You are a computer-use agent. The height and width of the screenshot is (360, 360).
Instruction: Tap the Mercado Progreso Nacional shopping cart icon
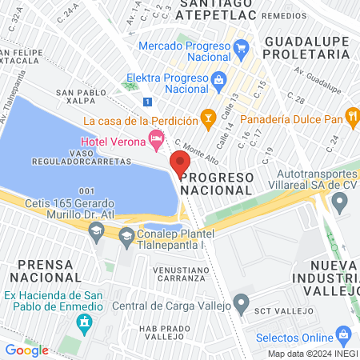(x=241, y=46)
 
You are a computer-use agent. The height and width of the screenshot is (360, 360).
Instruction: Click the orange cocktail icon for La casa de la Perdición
(x=208, y=120)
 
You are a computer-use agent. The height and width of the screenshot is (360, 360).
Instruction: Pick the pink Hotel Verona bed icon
(x=156, y=140)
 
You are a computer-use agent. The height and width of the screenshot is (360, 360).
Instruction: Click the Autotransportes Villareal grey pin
(x=341, y=205)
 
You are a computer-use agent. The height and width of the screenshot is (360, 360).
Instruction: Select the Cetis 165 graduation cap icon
(x=96, y=231)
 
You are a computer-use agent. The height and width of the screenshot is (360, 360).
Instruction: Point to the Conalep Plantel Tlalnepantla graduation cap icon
(x=126, y=235)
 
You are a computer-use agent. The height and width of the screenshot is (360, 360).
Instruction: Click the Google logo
(x=26, y=350)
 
